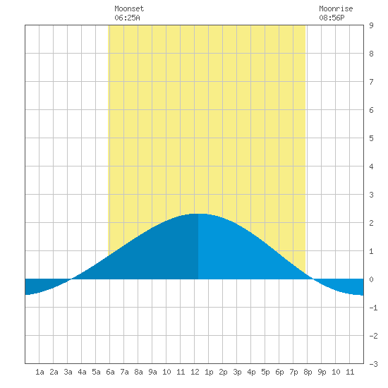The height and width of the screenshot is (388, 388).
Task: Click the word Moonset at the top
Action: [x=129, y=8]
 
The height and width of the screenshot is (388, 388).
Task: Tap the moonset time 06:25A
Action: [x=127, y=18]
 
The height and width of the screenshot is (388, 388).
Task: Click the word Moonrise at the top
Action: [x=336, y=8]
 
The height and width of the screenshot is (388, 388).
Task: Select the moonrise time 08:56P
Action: [x=332, y=18]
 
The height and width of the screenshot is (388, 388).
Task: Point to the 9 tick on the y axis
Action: [x=371, y=25]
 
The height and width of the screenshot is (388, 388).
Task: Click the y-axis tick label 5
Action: [x=371, y=138]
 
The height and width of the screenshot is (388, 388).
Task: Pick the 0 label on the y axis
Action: [x=371, y=279]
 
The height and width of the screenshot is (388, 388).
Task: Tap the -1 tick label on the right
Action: [x=373, y=308]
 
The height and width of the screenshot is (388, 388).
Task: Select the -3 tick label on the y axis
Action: [x=373, y=364]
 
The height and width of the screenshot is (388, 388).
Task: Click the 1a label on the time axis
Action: [x=40, y=372]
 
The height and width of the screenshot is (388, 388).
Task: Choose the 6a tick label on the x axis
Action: [x=110, y=372]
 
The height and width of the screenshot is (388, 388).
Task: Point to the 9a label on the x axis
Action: [x=152, y=372]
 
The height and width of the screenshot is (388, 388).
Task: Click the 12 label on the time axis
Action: [x=195, y=372]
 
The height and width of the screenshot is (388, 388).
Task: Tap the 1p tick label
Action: [x=209, y=372]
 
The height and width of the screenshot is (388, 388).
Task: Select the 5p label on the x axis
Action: [x=265, y=372]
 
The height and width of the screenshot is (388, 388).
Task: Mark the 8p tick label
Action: [x=308, y=372]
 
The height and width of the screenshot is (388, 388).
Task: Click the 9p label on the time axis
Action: [x=322, y=372]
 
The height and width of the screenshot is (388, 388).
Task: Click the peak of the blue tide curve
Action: [x=199, y=214]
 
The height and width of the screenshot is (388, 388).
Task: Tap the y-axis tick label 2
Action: [x=371, y=223]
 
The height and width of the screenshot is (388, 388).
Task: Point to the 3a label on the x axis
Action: [x=68, y=372]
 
